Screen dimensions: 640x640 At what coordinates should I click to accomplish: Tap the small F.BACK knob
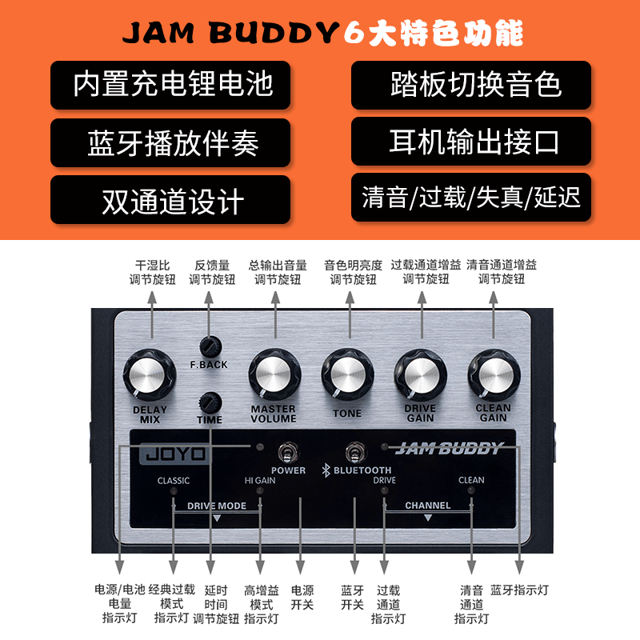[210, 346]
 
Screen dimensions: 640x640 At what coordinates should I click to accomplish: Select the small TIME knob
[210, 400]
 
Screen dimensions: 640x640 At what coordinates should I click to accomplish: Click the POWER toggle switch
[283, 453]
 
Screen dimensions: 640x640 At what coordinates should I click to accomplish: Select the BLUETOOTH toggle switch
[352, 453]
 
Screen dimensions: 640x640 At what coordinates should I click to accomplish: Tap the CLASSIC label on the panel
[174, 481]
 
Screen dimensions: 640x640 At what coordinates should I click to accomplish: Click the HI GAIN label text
[260, 481]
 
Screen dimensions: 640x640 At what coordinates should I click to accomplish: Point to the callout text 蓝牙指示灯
[520, 590]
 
